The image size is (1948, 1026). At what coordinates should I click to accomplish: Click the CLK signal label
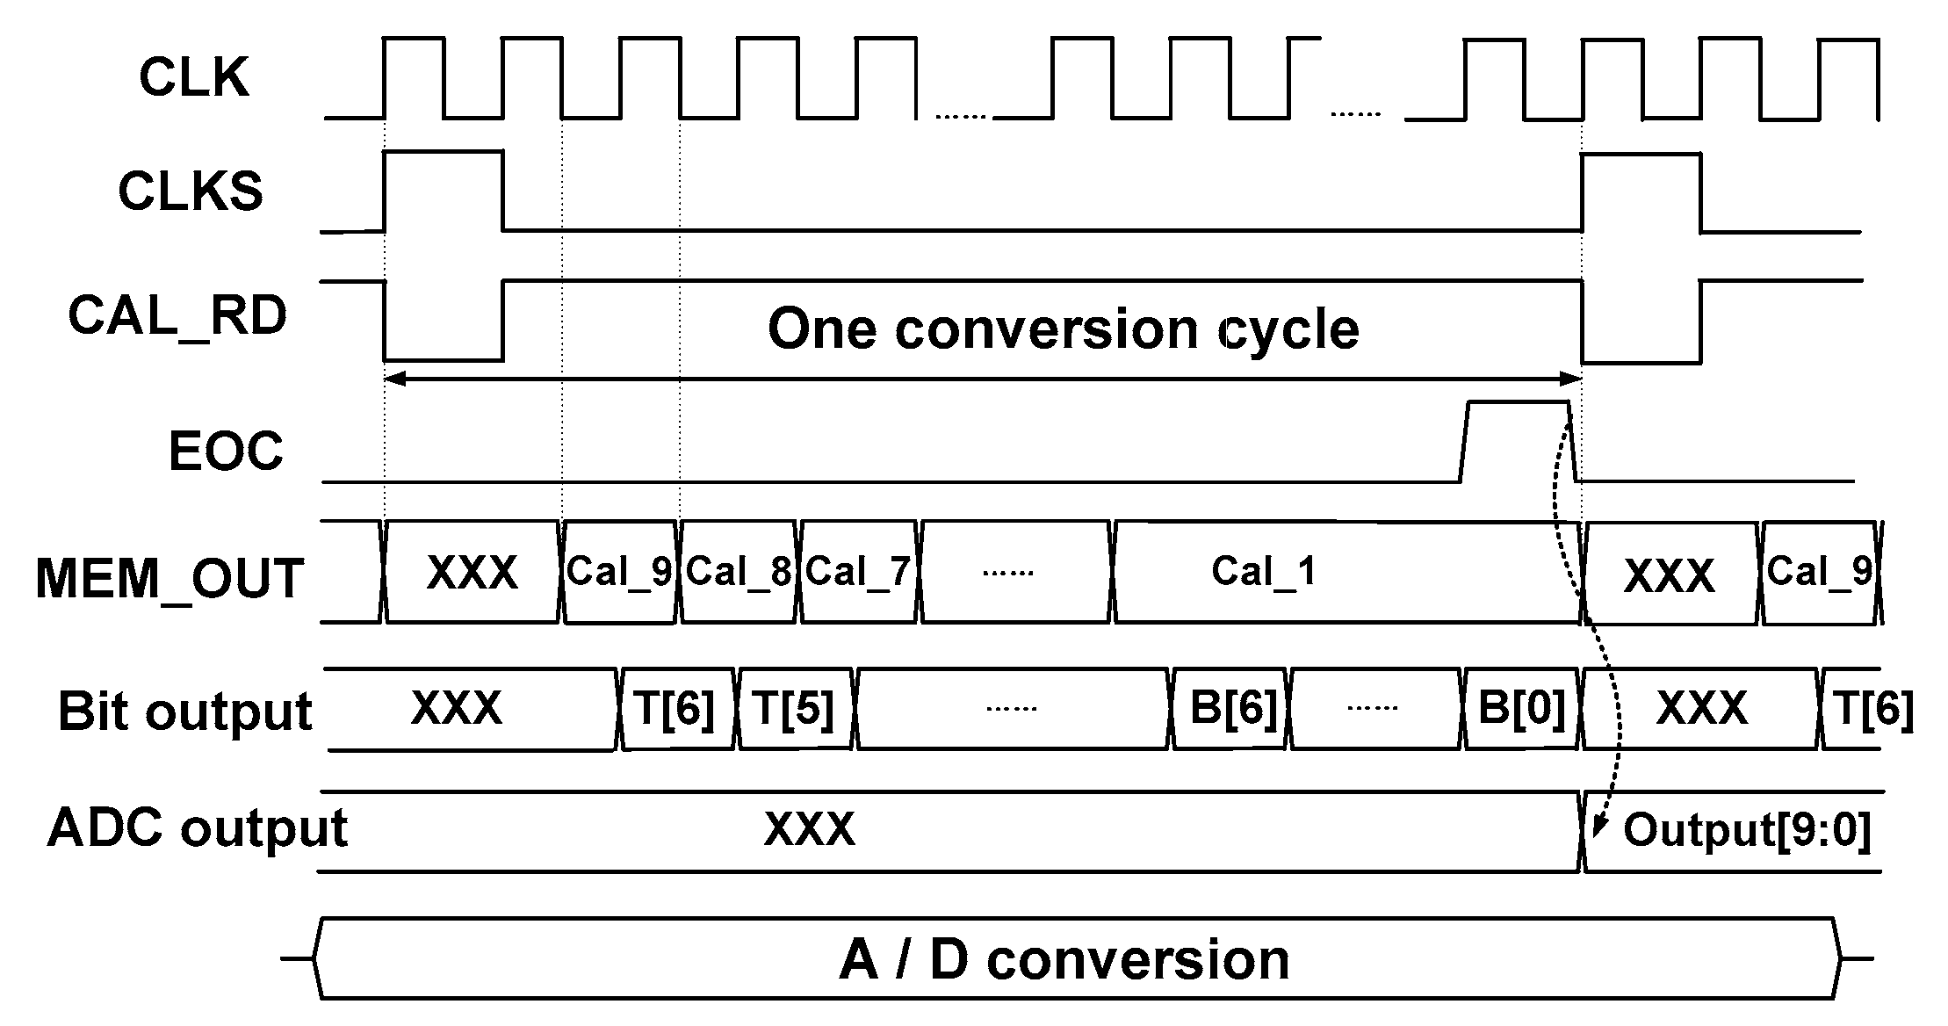point(194,77)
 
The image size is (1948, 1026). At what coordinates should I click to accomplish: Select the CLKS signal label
point(191,191)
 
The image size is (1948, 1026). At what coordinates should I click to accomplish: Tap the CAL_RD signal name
point(177,316)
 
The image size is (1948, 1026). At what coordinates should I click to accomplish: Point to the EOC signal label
point(226,452)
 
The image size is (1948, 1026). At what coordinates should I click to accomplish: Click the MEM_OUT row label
point(170,579)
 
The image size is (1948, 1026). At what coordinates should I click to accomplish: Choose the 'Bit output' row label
point(184,711)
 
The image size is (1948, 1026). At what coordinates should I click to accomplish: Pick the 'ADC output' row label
point(197,828)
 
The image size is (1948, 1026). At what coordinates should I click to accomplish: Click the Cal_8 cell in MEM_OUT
point(739,572)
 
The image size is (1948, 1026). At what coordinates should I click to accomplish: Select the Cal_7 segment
point(858,572)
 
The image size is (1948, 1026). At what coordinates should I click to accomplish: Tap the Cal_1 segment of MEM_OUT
point(1264,572)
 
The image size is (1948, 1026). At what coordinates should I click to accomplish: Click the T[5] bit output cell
point(794,709)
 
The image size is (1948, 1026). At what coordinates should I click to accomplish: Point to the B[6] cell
point(1233,709)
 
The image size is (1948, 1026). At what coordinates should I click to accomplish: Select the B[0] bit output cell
point(1522,709)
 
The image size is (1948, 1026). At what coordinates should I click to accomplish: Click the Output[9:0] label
point(1747,830)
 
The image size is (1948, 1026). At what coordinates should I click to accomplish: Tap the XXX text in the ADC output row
point(809,828)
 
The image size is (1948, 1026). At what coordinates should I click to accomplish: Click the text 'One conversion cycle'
point(1063,329)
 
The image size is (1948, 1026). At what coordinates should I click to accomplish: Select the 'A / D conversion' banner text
point(1064,959)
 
